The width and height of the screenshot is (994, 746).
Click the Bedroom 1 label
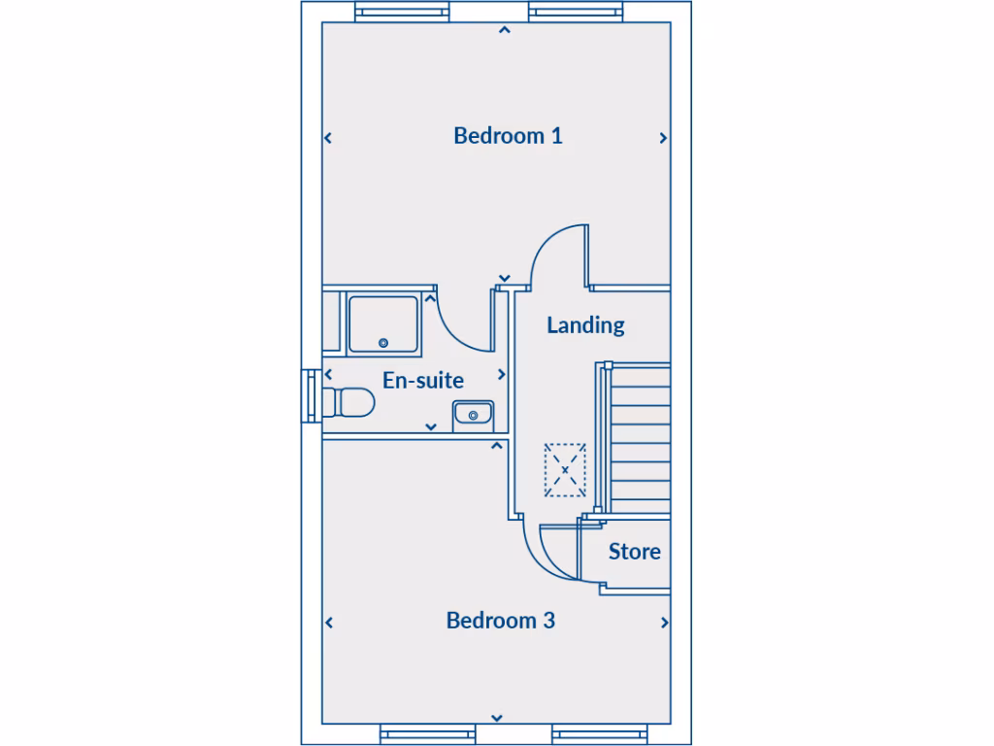click(508, 136)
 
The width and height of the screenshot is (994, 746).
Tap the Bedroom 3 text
click(500, 621)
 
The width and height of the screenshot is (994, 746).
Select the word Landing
click(585, 325)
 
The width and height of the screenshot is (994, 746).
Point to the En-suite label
click(423, 381)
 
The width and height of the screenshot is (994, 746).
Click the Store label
click(635, 552)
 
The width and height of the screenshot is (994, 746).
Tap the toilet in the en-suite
click(349, 402)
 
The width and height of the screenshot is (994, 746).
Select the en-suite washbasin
click(473, 415)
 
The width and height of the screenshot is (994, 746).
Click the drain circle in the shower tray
click(383, 343)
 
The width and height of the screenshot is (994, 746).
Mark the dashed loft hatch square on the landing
click(565, 470)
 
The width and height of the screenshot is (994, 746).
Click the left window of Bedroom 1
click(402, 12)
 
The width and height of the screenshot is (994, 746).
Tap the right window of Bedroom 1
click(575, 12)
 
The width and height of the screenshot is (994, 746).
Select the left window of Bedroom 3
click(425, 734)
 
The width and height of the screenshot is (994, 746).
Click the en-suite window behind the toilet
click(310, 395)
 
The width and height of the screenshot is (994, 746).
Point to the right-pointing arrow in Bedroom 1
click(664, 138)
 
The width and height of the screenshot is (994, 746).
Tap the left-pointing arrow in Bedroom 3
click(328, 623)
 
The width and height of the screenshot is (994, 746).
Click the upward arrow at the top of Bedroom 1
click(503, 30)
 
